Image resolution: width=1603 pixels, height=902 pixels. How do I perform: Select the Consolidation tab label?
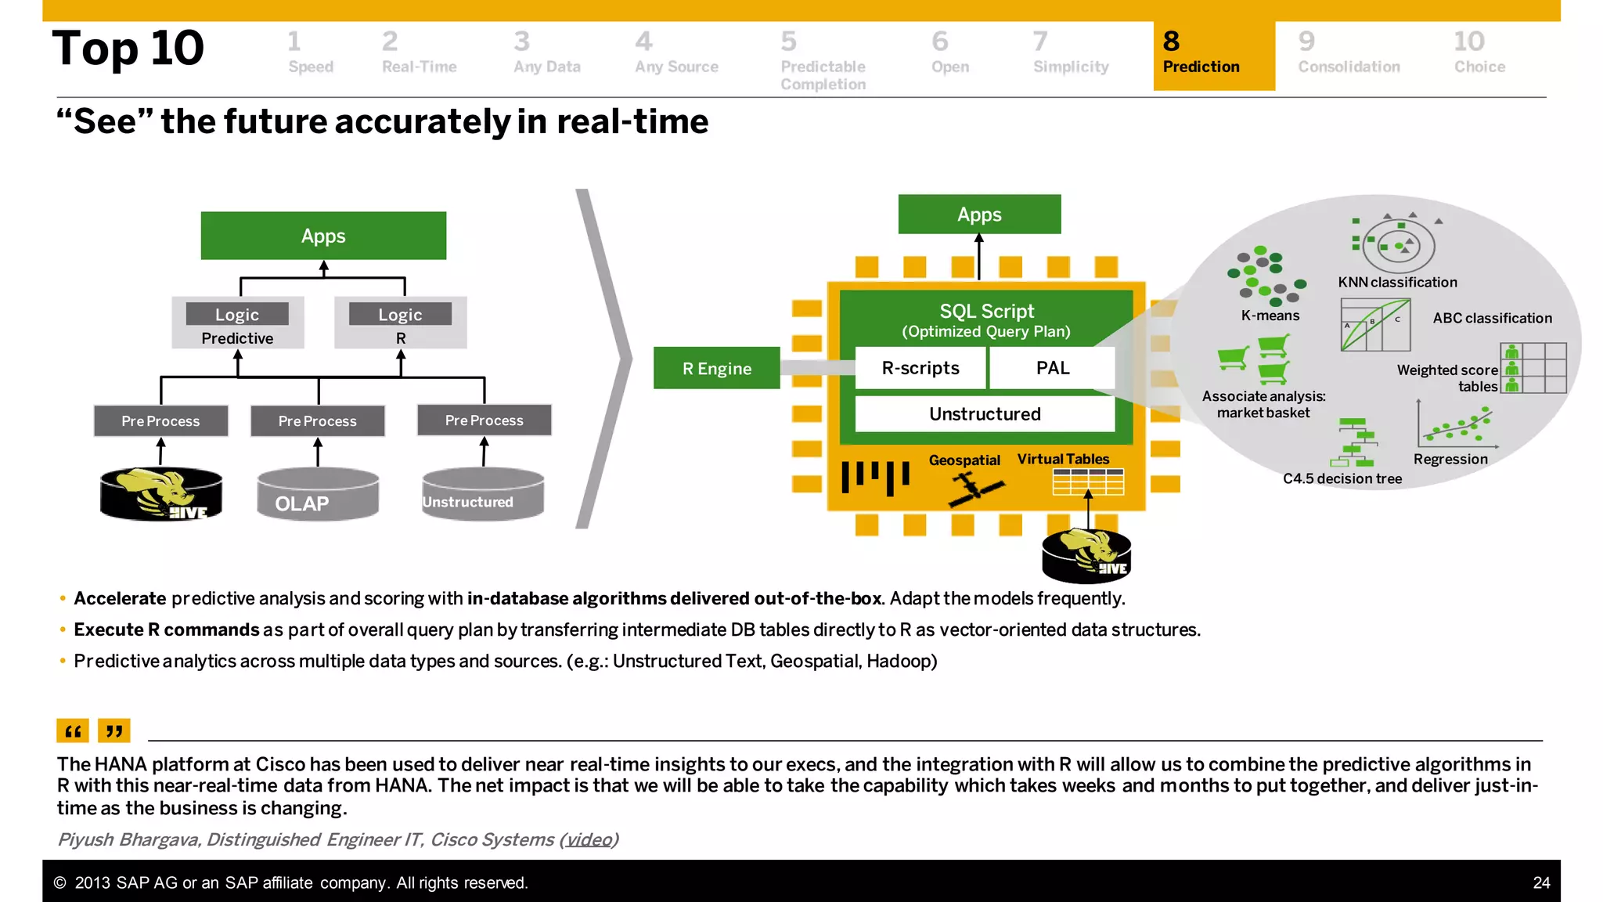[1349, 67]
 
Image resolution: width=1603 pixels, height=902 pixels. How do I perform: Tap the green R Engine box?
[716, 368]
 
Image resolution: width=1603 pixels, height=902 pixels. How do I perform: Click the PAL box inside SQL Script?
[1052, 368]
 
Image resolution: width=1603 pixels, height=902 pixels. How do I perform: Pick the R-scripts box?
[920, 368]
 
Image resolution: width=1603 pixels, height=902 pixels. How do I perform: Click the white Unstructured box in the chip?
[985, 413]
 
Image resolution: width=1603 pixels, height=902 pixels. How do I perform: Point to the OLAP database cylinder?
[318, 495]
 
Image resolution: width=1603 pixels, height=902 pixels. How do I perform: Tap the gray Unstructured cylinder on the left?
[482, 495]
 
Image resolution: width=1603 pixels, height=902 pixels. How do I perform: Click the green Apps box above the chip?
[979, 215]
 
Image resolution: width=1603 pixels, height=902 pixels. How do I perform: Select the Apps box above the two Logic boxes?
[323, 236]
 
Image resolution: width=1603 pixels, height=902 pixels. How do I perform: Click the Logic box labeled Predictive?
[238, 323]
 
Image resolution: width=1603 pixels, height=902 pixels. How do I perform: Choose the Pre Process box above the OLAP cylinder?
[318, 421]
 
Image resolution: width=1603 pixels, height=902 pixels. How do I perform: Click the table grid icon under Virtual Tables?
[1088, 482]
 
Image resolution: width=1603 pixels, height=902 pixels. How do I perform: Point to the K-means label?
[1270, 316]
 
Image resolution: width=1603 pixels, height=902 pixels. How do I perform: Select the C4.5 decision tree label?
[1342, 478]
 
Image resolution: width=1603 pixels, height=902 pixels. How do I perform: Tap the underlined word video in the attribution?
[589, 839]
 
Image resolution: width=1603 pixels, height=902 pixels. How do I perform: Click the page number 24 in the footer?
[1540, 882]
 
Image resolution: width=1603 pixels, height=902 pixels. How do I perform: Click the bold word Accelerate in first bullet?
[120, 598]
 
